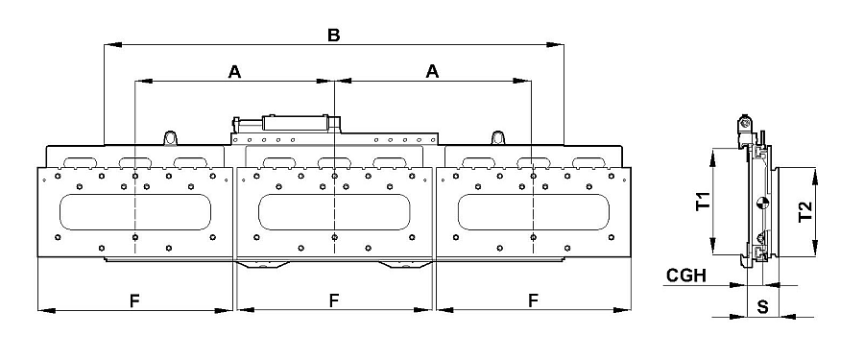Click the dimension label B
pos(334,36)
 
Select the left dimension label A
pos(235,72)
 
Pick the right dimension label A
pos(433,72)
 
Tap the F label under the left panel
pos(134,300)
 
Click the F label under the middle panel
pos(334,300)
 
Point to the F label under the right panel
pos(533,300)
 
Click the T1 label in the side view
pos(703,202)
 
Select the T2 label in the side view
pos(805,212)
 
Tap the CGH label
pos(686,276)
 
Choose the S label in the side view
pos(762,307)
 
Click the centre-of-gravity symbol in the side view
pos(762,204)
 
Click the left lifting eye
pos(170,138)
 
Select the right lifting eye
pos(498,138)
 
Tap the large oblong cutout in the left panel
pos(135,212)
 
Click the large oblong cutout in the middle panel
pos(334,212)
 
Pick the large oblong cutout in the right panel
pos(534,212)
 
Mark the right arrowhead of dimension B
pos(556,44)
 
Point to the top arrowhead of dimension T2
pos(815,177)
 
